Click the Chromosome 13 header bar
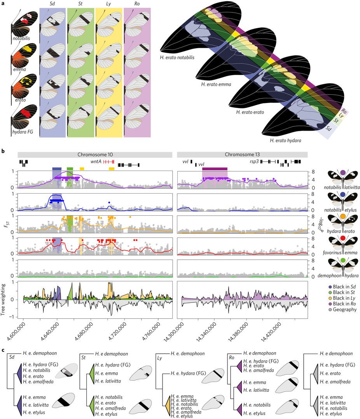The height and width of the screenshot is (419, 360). (x=242, y=154)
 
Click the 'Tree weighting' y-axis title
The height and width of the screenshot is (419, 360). (x=3, y=299)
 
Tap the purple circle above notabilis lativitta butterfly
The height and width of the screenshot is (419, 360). (x=343, y=172)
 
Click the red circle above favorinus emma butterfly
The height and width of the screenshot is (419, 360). (x=343, y=238)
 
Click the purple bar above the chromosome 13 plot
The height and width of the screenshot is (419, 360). (x=215, y=169)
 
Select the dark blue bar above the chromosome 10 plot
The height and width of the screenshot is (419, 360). (x=57, y=169)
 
